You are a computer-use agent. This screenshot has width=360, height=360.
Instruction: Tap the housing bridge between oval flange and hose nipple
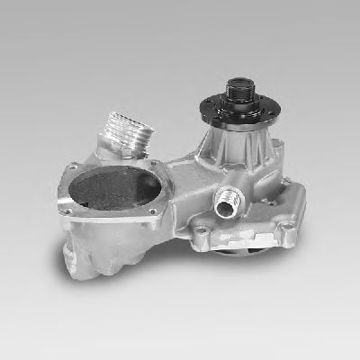point(184,184)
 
